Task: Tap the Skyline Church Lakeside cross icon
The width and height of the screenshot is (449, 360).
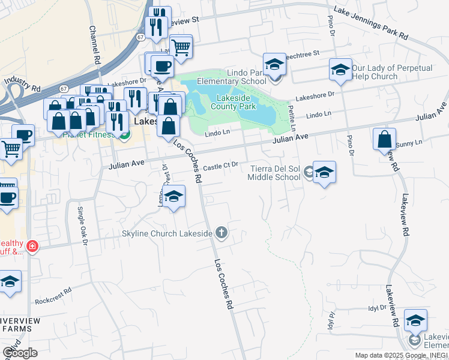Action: [x=221, y=233]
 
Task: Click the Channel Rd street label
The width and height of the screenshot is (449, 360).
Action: [x=94, y=45]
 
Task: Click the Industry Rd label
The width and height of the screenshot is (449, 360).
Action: [x=22, y=84]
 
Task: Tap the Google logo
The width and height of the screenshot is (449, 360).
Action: [x=20, y=353]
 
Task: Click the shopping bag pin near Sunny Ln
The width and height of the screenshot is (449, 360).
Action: [x=384, y=139]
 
